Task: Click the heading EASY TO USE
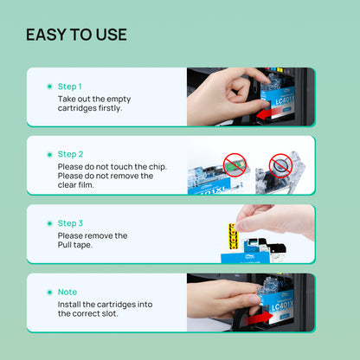76,35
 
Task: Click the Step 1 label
70,87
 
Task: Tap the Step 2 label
70,154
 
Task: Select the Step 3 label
70,222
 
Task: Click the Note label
67,292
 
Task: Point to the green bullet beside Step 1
48,87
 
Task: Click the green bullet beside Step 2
48,154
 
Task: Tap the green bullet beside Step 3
48,222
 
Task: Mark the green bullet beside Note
48,292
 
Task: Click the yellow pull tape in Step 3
232,234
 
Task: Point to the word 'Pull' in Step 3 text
67,246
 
